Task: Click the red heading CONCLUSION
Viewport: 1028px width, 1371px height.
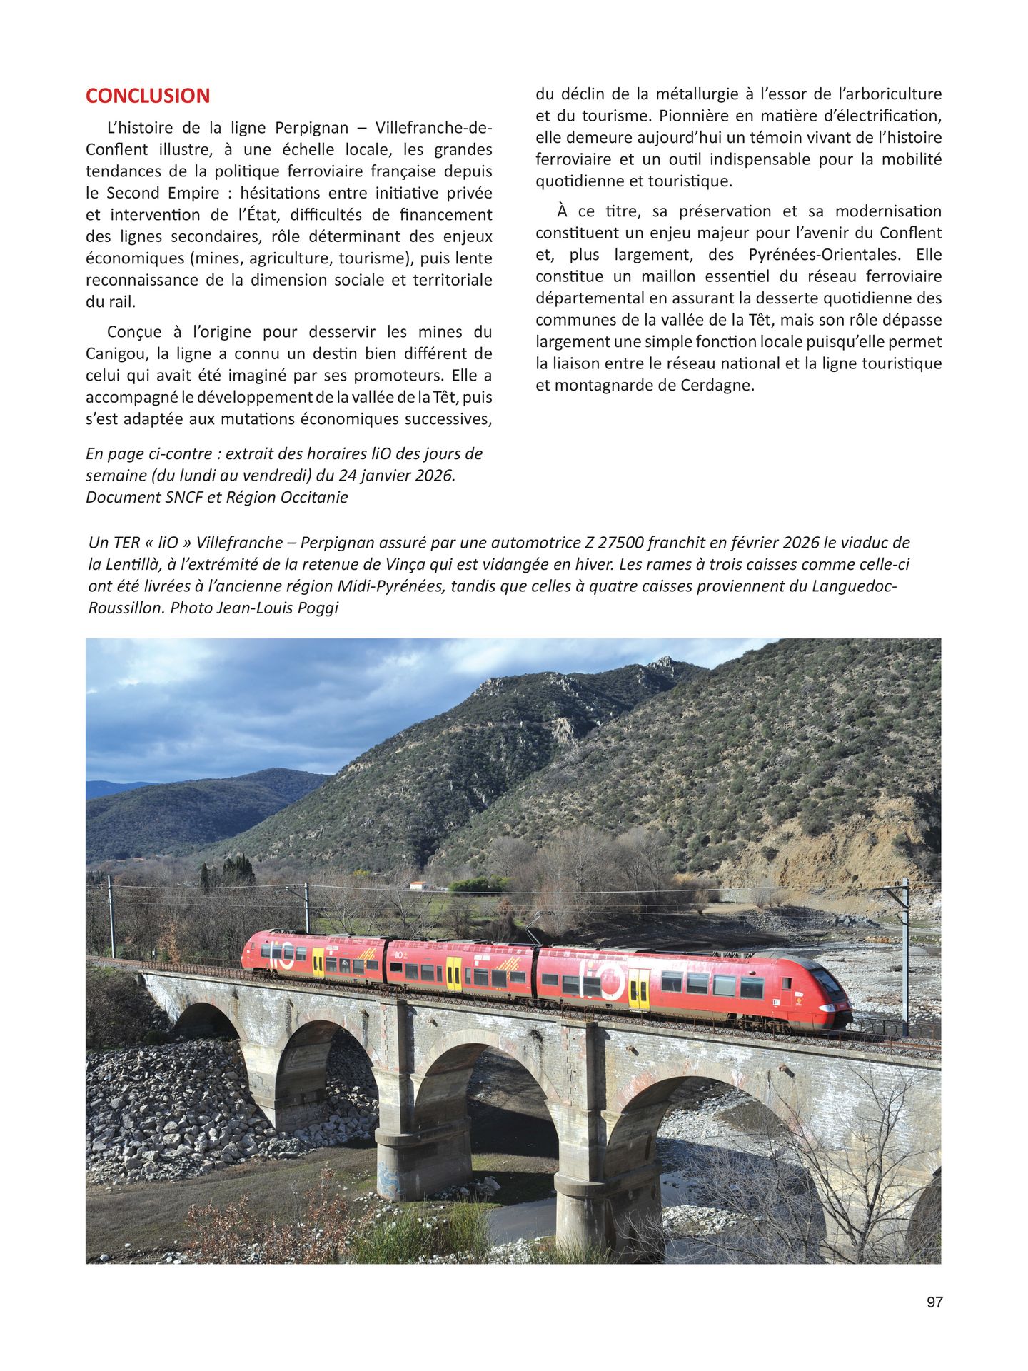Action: click(148, 96)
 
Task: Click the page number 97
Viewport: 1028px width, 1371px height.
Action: click(934, 1302)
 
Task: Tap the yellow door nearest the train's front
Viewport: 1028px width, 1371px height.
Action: click(638, 988)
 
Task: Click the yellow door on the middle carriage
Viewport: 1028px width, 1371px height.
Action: click(453, 973)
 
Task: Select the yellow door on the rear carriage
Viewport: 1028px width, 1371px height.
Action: click(318, 962)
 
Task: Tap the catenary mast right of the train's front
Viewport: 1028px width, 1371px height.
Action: click(904, 950)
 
